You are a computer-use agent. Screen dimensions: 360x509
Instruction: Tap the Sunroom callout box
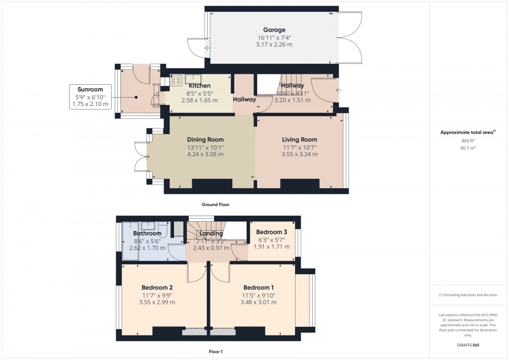click(90, 97)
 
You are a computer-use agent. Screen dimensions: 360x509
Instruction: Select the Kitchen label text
click(199, 86)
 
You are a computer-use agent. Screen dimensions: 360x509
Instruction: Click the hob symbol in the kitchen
click(176, 81)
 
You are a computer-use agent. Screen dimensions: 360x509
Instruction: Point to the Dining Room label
click(205, 139)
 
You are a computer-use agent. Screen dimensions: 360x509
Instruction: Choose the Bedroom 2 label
click(157, 287)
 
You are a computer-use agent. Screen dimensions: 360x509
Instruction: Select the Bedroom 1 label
click(258, 287)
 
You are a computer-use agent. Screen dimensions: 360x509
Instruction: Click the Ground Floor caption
click(216, 205)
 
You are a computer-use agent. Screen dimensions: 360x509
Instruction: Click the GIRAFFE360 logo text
click(468, 345)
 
